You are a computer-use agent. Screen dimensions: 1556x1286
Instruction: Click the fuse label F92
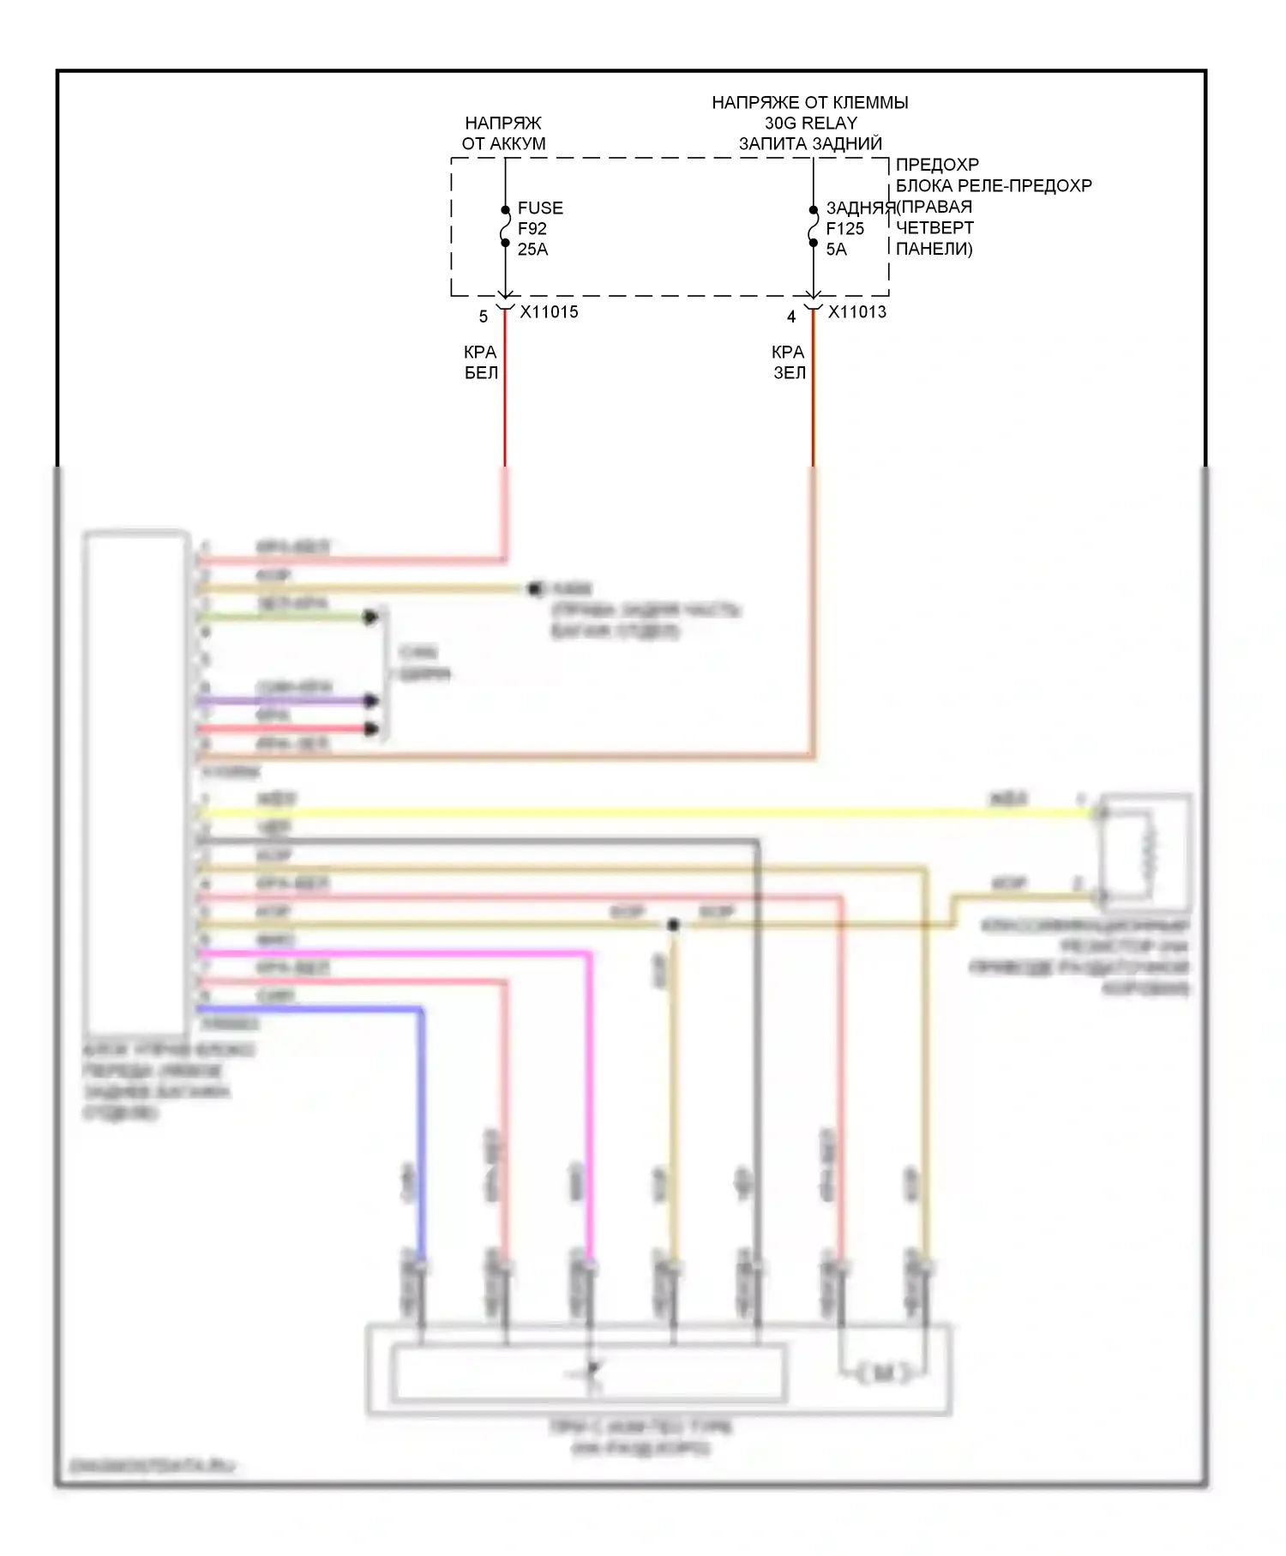click(532, 229)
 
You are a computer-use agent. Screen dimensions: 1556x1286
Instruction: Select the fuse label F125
click(844, 229)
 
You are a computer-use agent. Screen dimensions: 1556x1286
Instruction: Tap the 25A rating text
click(532, 250)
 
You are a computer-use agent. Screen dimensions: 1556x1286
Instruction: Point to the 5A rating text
click(836, 250)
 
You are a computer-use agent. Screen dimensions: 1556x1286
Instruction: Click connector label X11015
click(549, 312)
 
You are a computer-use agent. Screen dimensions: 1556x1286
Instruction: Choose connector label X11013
click(857, 312)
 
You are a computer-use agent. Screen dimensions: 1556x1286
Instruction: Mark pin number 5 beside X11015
click(484, 317)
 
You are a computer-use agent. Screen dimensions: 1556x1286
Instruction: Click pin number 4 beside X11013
click(791, 317)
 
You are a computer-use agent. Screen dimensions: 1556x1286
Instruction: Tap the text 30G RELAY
click(810, 124)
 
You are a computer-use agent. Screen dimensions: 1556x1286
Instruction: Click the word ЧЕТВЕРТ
click(934, 228)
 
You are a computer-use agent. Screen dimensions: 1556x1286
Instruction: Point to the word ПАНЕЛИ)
click(934, 250)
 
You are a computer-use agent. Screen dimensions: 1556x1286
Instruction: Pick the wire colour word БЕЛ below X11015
click(481, 373)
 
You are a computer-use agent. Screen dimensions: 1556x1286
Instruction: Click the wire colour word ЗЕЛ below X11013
click(790, 373)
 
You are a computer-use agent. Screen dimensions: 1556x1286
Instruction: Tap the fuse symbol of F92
click(505, 227)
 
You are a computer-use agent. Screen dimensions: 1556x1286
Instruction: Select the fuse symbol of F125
click(813, 227)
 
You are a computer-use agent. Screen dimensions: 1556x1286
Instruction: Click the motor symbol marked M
click(883, 1374)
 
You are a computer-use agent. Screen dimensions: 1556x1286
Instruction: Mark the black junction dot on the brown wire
click(673, 926)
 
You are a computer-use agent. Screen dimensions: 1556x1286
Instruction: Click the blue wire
click(421, 1115)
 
